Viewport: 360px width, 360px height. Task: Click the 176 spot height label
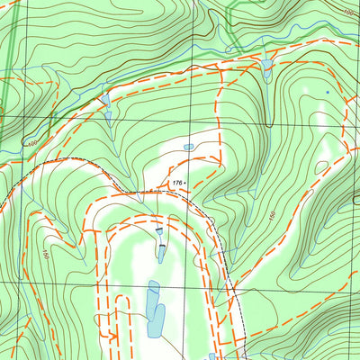[x=175, y=183]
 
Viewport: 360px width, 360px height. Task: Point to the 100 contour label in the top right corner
[x=348, y=13]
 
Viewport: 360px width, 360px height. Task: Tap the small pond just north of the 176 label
[x=188, y=147]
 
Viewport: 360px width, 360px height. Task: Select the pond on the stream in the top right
[x=267, y=65]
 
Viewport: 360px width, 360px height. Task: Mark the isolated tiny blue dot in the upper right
[x=327, y=92]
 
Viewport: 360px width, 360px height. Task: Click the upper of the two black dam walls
[x=159, y=230]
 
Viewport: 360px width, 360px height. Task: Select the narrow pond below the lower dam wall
[x=162, y=253]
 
